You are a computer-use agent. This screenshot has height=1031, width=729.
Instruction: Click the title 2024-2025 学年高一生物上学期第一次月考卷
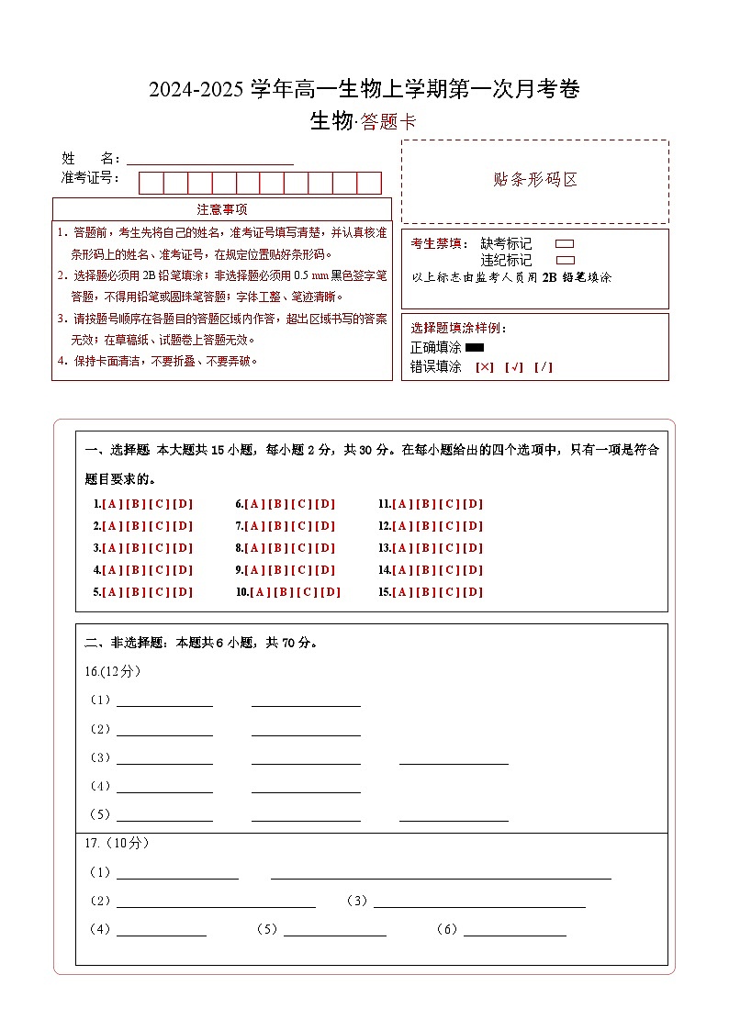[x=364, y=89]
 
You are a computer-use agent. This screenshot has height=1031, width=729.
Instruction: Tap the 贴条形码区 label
[x=535, y=180]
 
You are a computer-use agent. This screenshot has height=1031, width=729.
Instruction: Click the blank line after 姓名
[x=210, y=159]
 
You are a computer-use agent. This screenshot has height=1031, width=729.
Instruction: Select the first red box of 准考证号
[x=151, y=183]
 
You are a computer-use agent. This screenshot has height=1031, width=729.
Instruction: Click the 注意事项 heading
[x=222, y=209]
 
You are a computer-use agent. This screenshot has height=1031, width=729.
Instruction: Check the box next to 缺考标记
[x=565, y=244]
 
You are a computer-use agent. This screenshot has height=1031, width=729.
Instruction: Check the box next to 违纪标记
[x=565, y=260]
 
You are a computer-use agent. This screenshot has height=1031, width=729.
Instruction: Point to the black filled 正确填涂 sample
[x=475, y=348]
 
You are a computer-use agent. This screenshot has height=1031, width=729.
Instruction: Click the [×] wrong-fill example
[x=485, y=367]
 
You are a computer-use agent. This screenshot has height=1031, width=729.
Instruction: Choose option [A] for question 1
[x=112, y=504]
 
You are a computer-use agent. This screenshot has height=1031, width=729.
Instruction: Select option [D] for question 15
[x=473, y=592]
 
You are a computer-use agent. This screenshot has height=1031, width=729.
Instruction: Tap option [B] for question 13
[x=425, y=548]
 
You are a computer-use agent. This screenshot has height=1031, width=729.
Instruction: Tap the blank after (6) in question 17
[x=514, y=929]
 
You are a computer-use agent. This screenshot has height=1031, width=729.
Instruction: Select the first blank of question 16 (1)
[x=164, y=700]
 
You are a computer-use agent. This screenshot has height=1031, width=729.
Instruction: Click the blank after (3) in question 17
[x=478, y=901]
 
